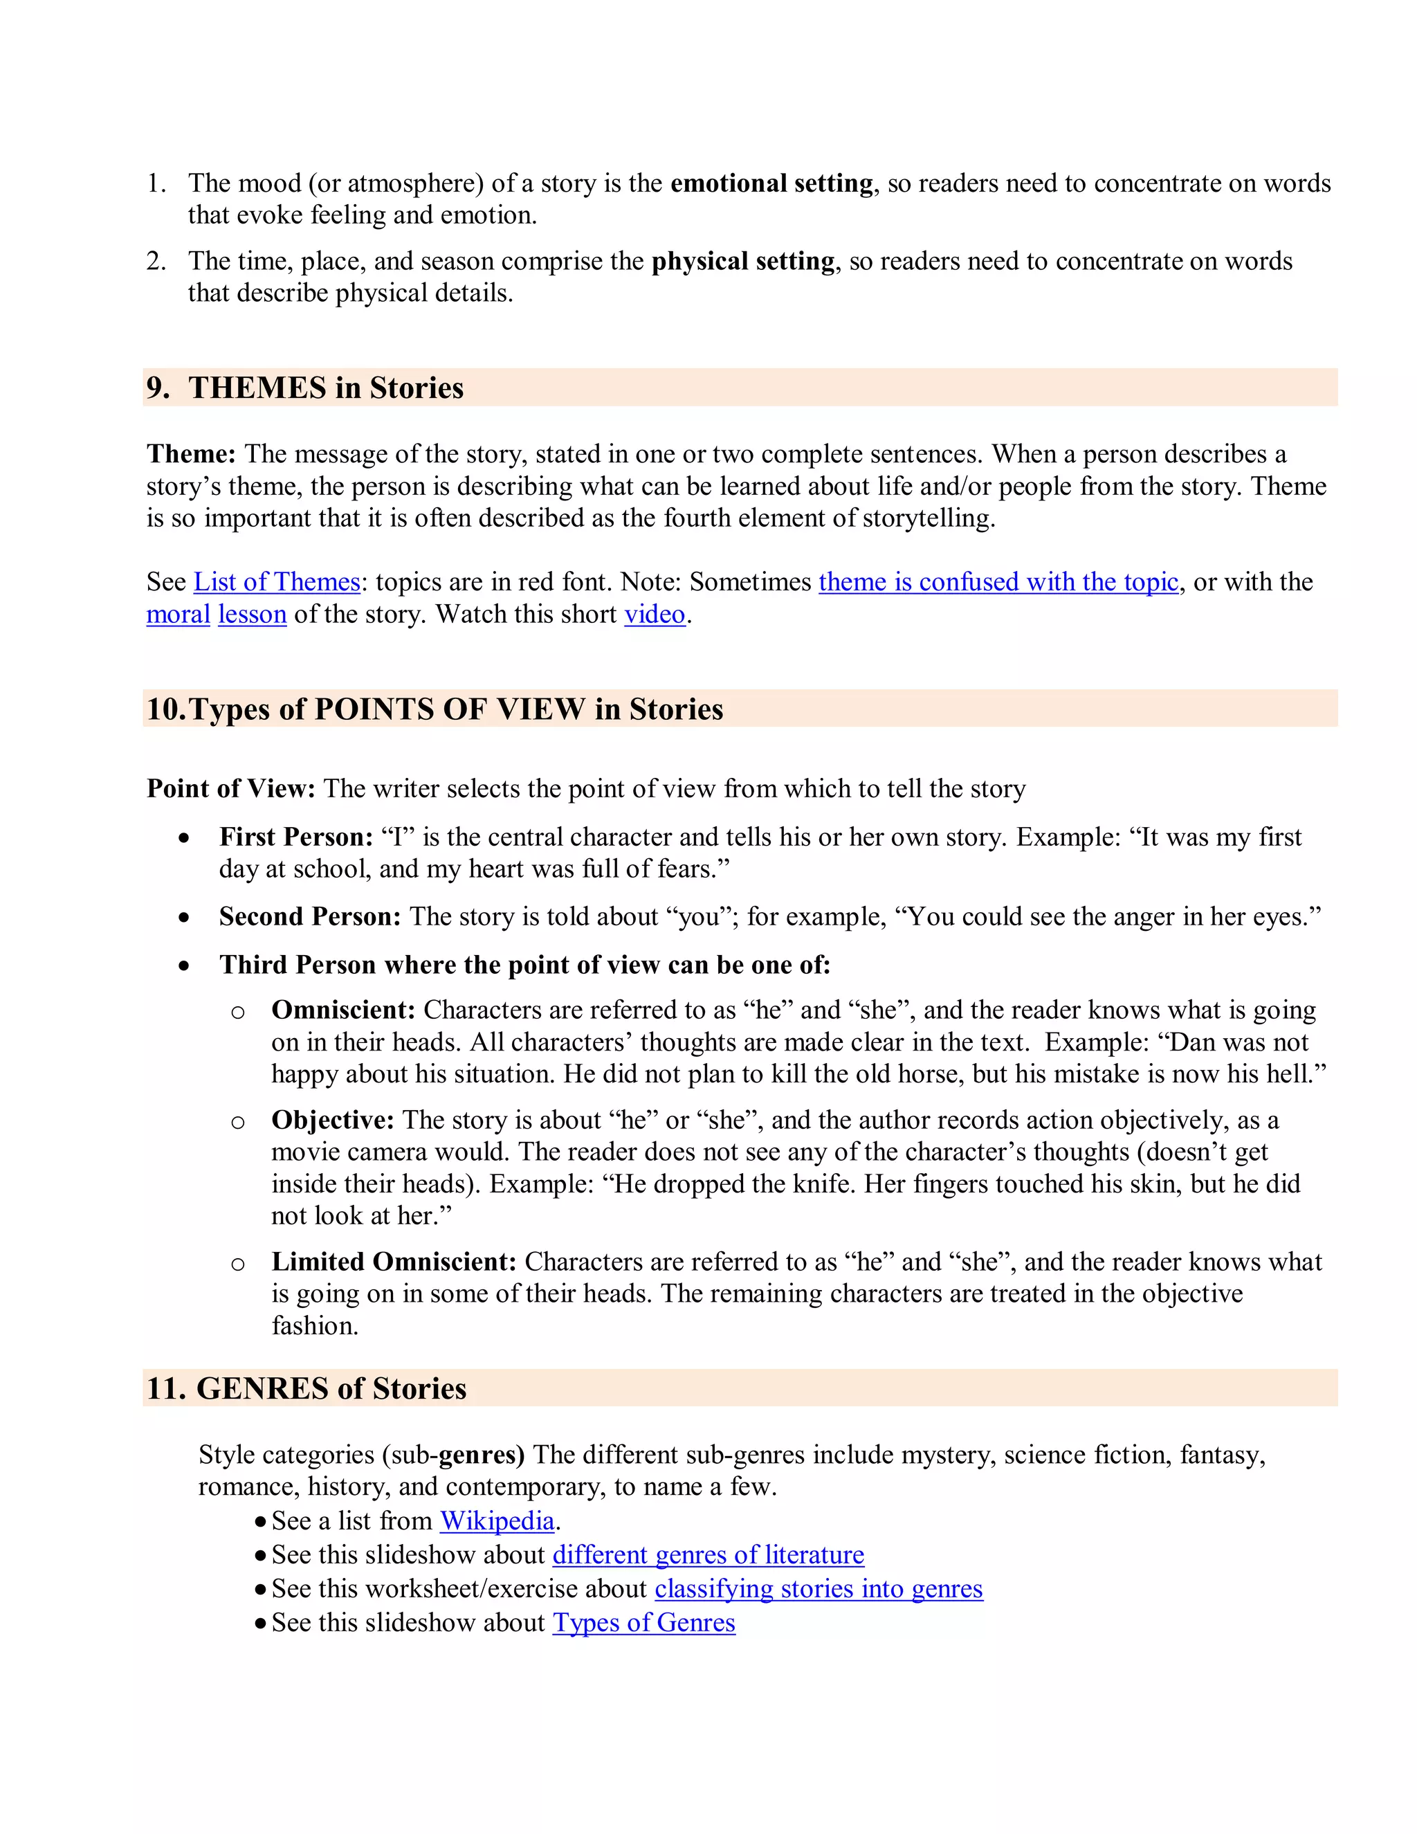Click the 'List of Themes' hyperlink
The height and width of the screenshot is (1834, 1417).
click(276, 582)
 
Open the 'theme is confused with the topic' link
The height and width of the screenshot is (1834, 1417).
click(998, 582)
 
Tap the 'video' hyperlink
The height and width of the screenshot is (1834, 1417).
click(655, 615)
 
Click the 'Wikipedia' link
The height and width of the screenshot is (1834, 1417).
click(497, 1520)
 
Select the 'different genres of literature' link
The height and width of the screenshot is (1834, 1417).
click(708, 1554)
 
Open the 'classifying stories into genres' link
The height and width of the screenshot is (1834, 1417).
click(819, 1589)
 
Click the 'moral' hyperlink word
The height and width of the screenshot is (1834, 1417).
click(178, 615)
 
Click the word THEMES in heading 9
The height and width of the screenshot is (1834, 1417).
click(257, 388)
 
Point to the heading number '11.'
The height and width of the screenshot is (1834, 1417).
click(166, 1388)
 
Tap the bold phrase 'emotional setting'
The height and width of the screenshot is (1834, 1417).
click(771, 183)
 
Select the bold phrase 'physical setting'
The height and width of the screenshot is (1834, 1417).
click(743, 261)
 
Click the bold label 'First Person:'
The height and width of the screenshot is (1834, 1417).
click(295, 837)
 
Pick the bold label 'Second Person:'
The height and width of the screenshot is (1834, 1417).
click(310, 916)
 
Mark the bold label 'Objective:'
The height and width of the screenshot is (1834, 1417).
click(332, 1120)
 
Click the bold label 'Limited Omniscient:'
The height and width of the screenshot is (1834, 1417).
click(393, 1261)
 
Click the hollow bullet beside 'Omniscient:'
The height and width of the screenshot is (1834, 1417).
click(237, 1012)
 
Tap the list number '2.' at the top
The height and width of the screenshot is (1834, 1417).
click(156, 261)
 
